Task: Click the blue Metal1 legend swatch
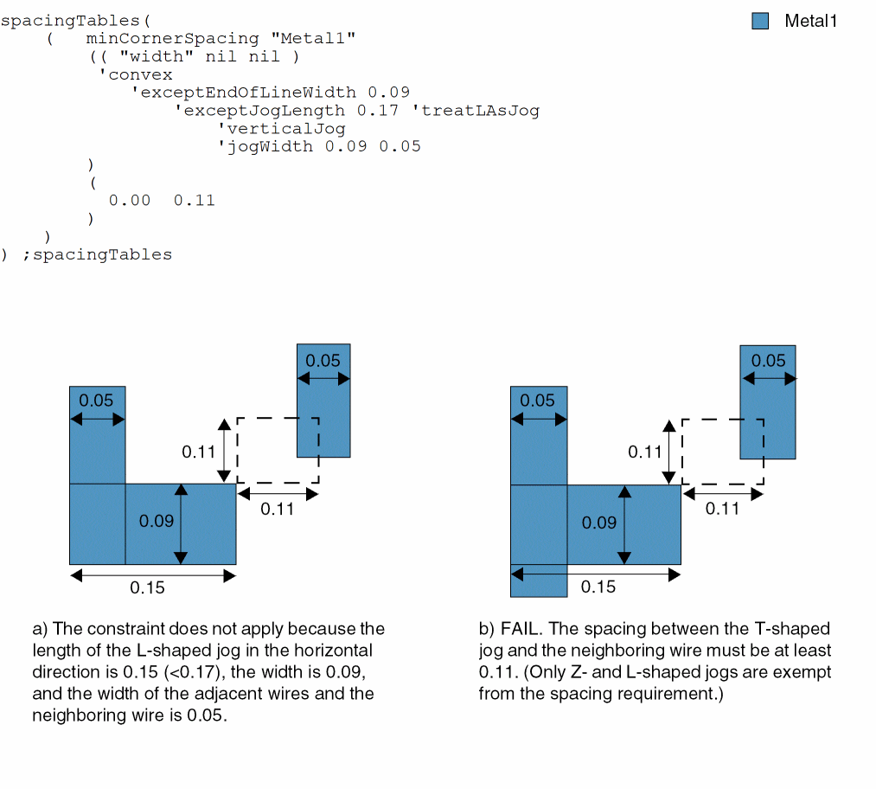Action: (760, 22)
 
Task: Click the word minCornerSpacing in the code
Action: (172, 38)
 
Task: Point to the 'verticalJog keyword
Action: (281, 128)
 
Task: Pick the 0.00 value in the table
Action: (130, 200)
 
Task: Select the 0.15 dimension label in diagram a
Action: (148, 588)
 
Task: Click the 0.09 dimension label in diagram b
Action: (598, 523)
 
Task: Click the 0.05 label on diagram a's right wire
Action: (323, 361)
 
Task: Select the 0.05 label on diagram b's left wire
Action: (538, 401)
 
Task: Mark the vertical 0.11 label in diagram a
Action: (198, 452)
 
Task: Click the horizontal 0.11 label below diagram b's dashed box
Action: (722, 509)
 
